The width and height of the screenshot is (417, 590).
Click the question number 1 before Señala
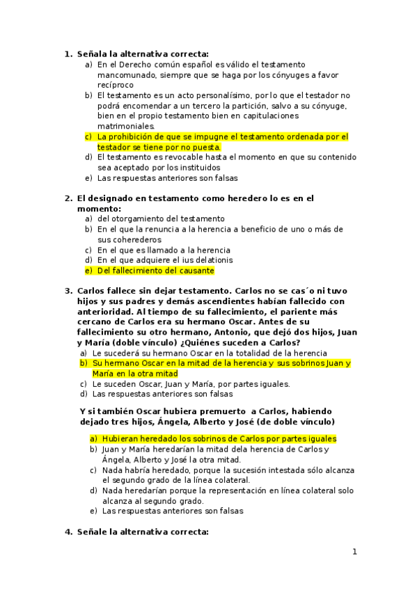click(x=68, y=54)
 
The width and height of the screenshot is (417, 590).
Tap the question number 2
click(x=68, y=198)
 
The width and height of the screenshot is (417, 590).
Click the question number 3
click(x=68, y=291)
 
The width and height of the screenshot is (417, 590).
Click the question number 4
click(x=68, y=532)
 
